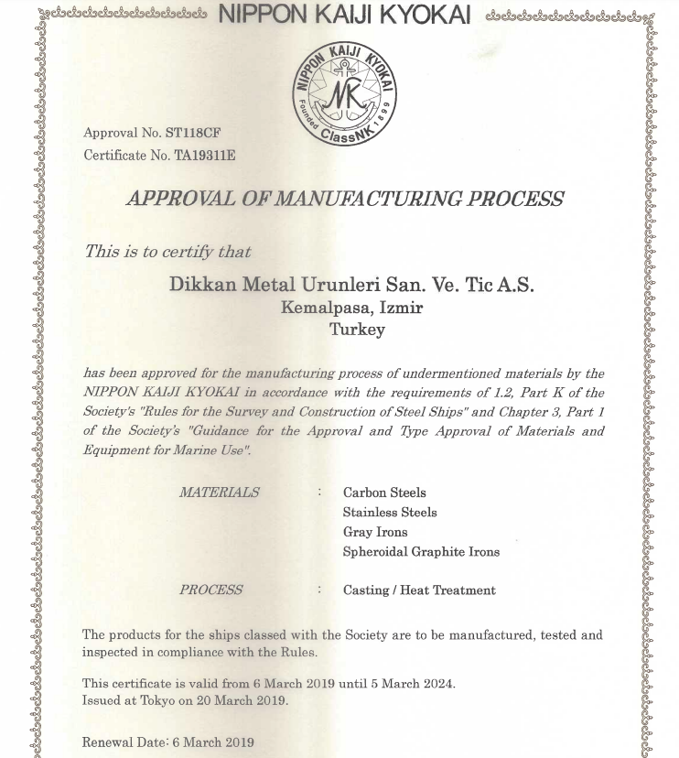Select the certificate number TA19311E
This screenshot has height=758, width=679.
(205, 155)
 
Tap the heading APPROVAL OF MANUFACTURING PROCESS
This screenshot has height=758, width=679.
(345, 199)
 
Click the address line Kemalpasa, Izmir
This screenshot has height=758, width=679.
(351, 308)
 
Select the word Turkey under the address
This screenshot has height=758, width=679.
(357, 330)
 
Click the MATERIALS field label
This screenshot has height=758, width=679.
(219, 492)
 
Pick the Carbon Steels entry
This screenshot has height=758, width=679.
(384, 493)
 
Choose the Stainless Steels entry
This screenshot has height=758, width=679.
(390, 513)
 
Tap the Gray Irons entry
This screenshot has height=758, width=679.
(375, 532)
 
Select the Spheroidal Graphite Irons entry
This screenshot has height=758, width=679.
(421, 552)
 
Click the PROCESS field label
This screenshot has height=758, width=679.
(211, 590)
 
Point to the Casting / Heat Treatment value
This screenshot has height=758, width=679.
(419, 590)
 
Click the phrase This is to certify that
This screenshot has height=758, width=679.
(167, 251)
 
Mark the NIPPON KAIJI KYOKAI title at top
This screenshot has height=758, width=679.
(344, 15)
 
